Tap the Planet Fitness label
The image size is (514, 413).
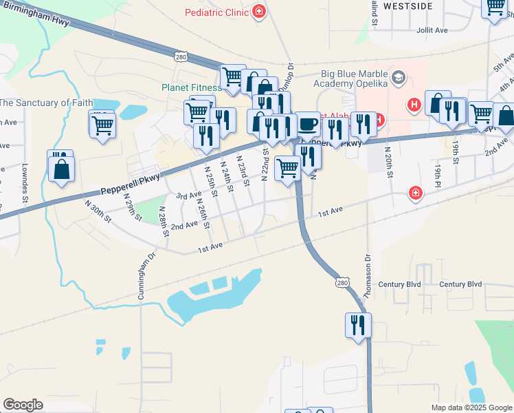pos(191,87)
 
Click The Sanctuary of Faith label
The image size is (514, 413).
pos(45,103)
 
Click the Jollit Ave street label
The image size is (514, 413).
pos(432,30)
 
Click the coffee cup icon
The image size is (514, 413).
pos(308,124)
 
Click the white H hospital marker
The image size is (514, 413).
pos(414,105)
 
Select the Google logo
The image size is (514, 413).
pos(23,405)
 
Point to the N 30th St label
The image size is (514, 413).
pos(98,212)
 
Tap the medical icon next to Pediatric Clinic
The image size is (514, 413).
pos(259,11)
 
